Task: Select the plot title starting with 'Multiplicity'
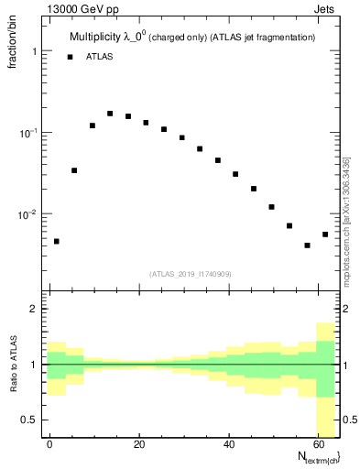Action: pos(192,38)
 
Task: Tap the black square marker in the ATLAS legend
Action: pos(70,57)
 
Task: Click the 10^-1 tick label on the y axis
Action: pos(31,133)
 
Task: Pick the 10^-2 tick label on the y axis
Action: pos(31,214)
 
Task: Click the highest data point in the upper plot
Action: pos(110,114)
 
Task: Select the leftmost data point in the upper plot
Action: pos(57,241)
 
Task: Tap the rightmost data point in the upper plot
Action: pos(325,234)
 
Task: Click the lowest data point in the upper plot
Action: pos(308,245)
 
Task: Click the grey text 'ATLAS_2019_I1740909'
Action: pos(191,274)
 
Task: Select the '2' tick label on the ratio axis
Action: pos(35,309)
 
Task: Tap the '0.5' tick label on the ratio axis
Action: pos(31,420)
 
